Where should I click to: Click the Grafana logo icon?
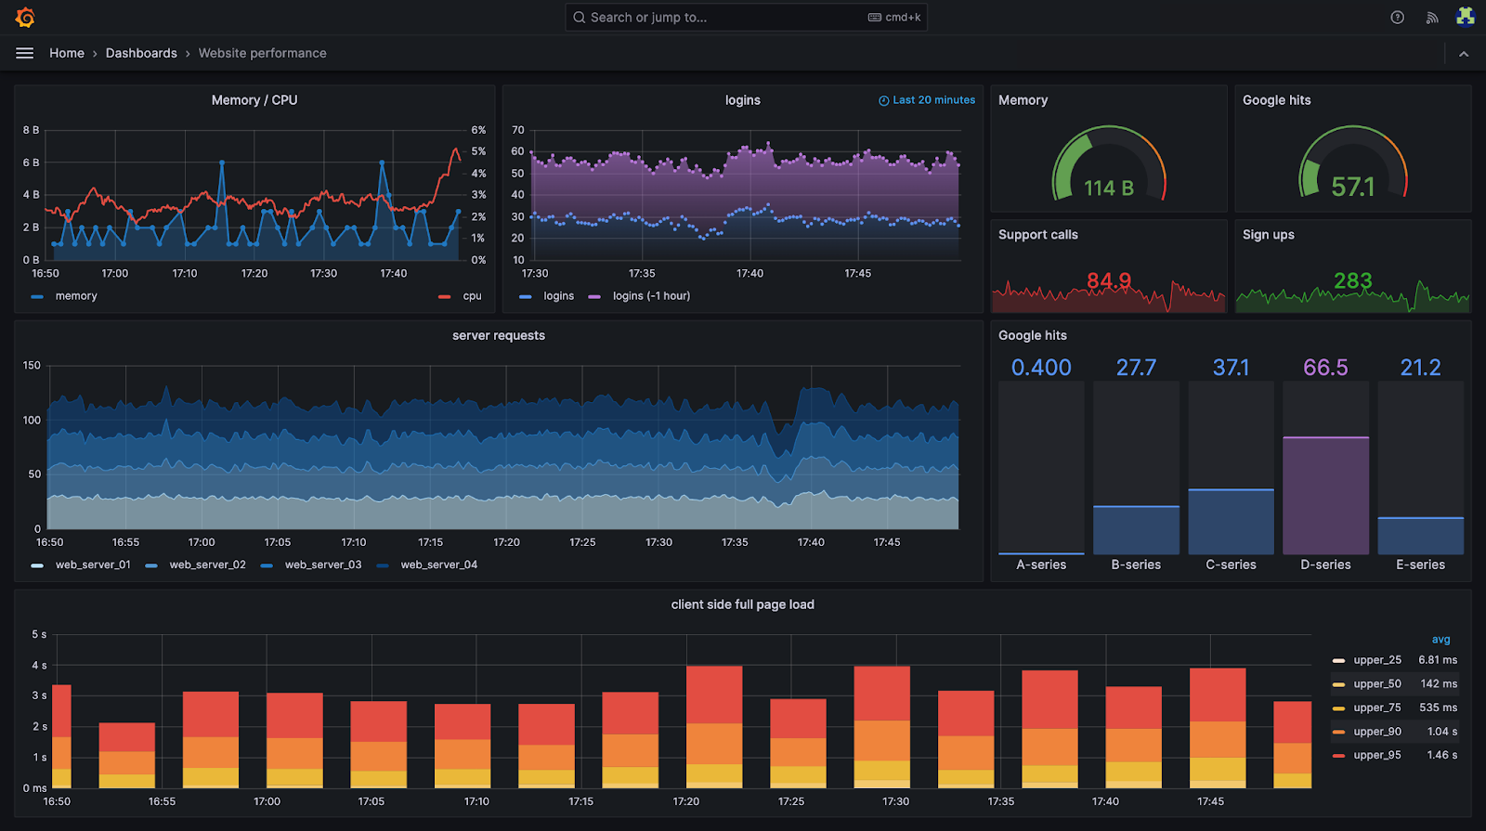25,18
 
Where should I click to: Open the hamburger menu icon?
25,53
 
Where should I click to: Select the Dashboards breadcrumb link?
141,53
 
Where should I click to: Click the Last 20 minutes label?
933,100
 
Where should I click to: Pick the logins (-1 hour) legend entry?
650,296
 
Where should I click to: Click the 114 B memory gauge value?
1109,188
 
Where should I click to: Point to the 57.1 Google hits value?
1352,188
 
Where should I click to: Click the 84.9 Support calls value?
1109,280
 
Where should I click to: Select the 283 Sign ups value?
1352,280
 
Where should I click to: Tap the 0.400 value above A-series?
1041,368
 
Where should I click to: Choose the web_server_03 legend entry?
322,565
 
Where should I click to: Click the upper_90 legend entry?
1376,732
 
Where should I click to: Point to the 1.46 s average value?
1441,755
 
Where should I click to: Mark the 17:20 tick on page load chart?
686,801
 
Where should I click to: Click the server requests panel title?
499,335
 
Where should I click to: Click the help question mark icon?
1397,18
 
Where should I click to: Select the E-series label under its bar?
1420,565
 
